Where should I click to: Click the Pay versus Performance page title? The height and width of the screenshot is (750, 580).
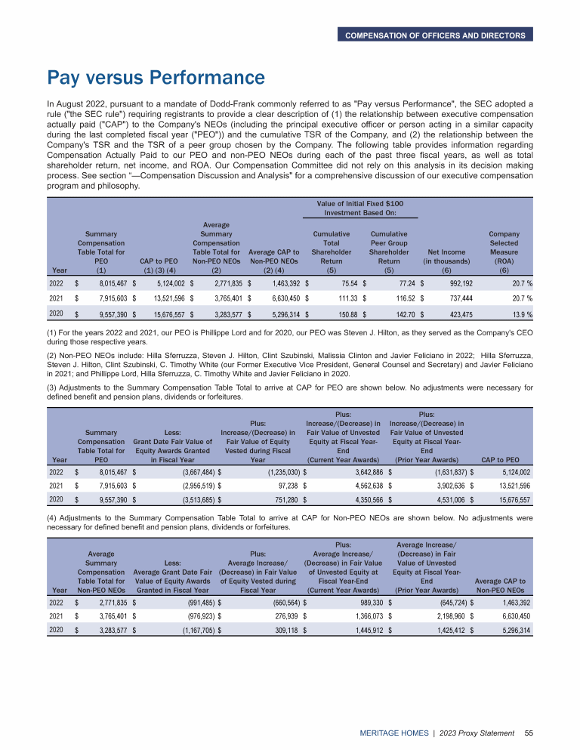(x=156, y=78)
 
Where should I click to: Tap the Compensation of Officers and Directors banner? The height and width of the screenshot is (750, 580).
(x=434, y=35)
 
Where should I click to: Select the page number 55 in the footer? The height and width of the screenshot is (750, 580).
(x=529, y=733)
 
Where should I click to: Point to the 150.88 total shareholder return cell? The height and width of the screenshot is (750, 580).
(x=344, y=313)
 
